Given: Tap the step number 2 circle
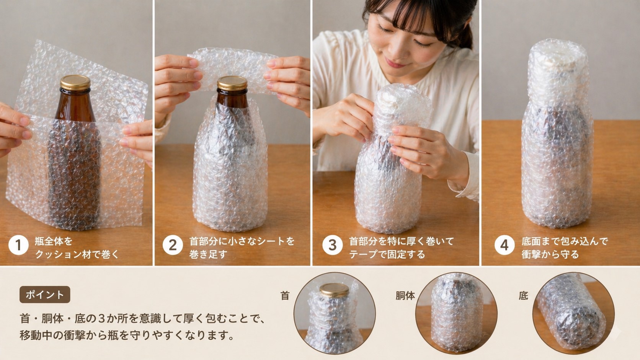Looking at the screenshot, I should (x=172, y=245).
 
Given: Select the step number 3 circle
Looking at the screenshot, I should (x=332, y=245).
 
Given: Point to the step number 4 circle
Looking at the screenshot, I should (x=504, y=245).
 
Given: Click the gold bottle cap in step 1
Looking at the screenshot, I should (x=75, y=83).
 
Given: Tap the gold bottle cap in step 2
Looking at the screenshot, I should (x=232, y=83).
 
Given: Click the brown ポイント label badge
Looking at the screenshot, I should (x=45, y=294).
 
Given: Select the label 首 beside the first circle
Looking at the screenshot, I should (x=285, y=296).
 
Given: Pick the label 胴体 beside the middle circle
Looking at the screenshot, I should (x=405, y=296).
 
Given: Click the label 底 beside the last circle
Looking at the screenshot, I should (x=523, y=296).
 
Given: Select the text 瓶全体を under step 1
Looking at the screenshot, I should (x=53, y=241).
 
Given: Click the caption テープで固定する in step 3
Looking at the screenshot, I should (x=387, y=254).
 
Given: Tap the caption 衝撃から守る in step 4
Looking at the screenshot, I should (x=550, y=254).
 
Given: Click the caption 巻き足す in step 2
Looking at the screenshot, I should (x=208, y=254).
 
